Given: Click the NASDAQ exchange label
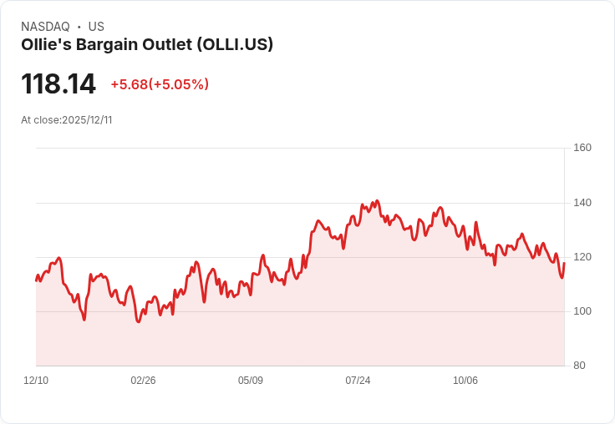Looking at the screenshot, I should point(45,27).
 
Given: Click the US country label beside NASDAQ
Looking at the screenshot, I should point(96,27).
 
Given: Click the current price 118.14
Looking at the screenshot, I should point(58,84).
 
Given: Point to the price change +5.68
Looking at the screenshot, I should point(129,84).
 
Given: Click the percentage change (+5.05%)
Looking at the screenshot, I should point(179,84).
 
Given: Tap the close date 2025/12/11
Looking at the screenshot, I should point(87,120).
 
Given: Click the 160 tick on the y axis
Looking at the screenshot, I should point(582,148).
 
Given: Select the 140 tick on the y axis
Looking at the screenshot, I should point(582,203).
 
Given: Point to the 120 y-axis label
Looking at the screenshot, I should point(582,257).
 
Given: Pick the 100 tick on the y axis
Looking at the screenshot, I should point(582,311).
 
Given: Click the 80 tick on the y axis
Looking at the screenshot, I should point(579,366).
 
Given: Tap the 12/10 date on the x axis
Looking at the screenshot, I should point(36,381).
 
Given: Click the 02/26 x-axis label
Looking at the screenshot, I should point(143,381).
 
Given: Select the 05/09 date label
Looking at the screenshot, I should point(251,381).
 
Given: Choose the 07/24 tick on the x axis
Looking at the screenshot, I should point(358,381).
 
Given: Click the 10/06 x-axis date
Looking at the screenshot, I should point(465,381).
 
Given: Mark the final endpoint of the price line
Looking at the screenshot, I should point(565,263).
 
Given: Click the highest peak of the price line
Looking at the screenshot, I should point(378,200).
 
